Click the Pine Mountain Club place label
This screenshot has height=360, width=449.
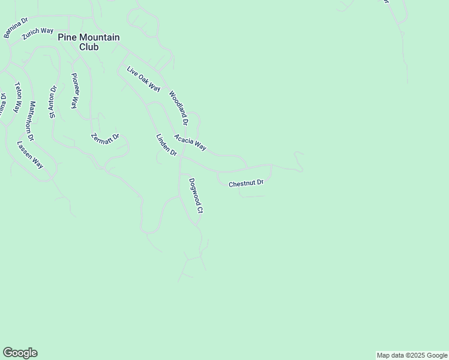click(x=88, y=41)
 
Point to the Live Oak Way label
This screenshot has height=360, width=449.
click(x=143, y=79)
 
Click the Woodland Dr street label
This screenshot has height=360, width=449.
click(x=179, y=107)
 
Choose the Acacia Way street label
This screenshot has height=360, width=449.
click(x=190, y=142)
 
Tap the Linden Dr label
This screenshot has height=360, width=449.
click(x=166, y=145)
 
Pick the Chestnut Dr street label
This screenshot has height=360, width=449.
click(x=246, y=183)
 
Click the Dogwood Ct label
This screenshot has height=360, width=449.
click(x=196, y=196)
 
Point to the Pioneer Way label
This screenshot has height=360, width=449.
click(x=75, y=90)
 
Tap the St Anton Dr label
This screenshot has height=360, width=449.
click(x=53, y=102)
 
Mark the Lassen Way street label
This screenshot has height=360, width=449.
click(x=30, y=154)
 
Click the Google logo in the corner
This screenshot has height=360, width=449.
click(x=20, y=353)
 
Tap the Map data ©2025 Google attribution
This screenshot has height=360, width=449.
click(x=412, y=355)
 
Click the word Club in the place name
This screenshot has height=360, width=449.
click(x=88, y=47)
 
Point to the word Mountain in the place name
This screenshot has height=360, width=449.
click(x=98, y=37)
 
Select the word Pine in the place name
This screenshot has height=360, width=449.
click(x=66, y=37)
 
